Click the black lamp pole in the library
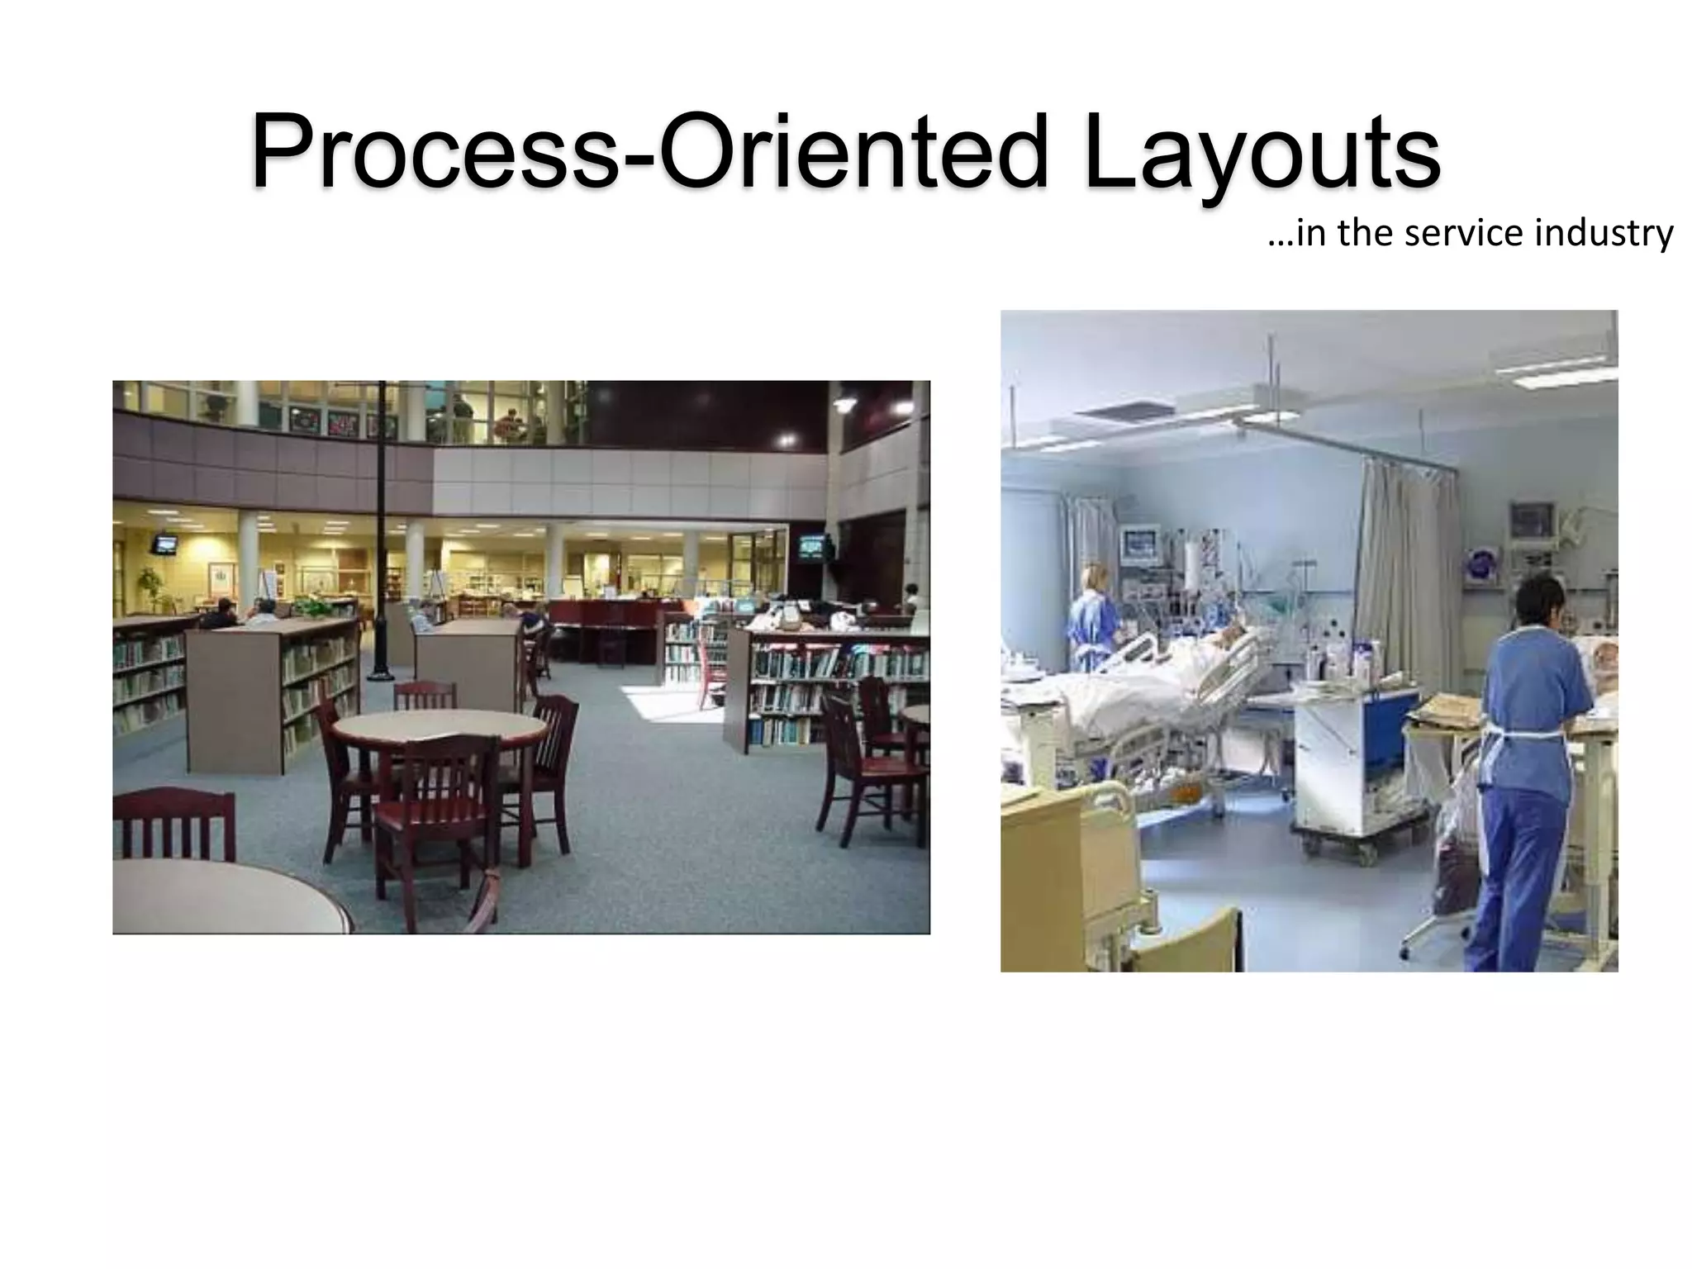pyautogui.click(x=381, y=529)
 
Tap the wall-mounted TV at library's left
pyautogui.click(x=164, y=544)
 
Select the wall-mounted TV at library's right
pyautogui.click(x=815, y=547)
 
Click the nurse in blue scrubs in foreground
pyautogui.click(x=1531, y=760)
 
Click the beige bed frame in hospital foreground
pyautogui.click(x=1074, y=876)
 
